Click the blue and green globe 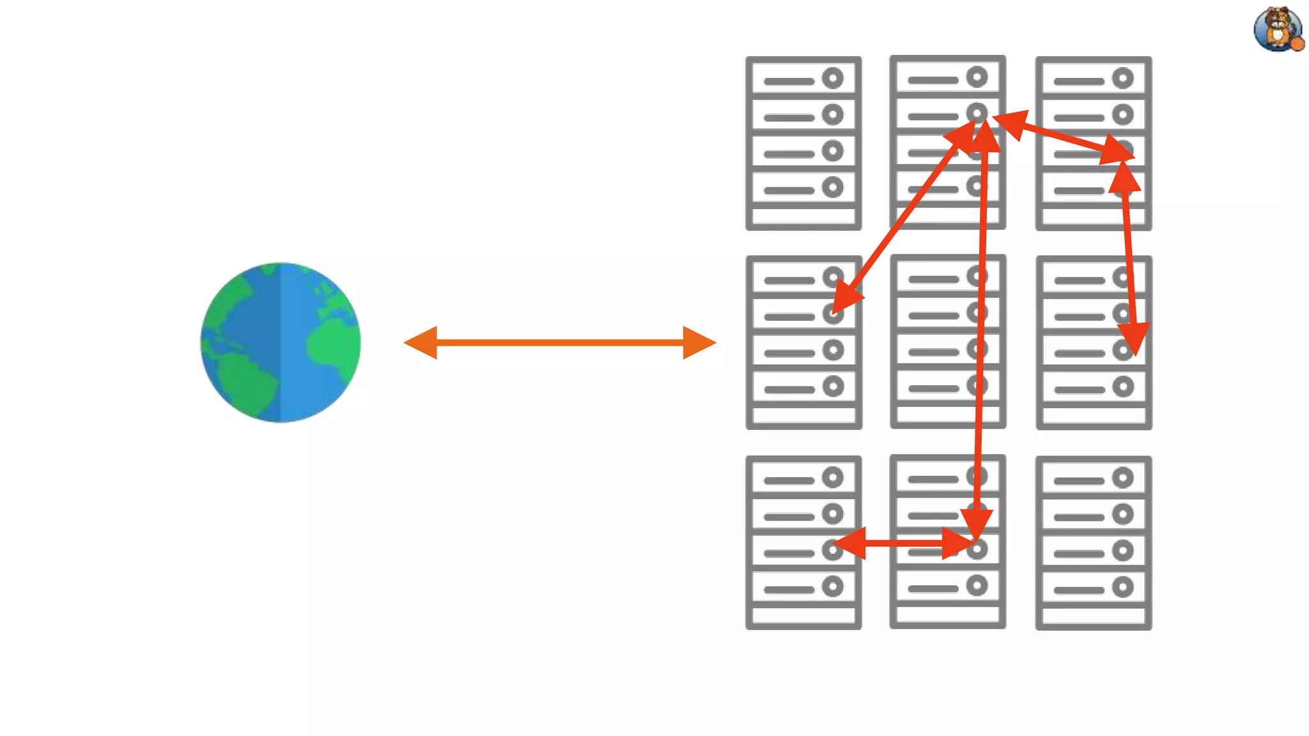click(281, 342)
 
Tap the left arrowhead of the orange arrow click(422, 342)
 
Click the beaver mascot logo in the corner click(1278, 28)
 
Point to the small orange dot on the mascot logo click(1297, 43)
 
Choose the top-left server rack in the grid click(803, 143)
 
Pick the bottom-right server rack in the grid click(1094, 542)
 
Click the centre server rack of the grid click(948, 342)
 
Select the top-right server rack click(1094, 143)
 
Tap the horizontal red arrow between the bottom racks click(904, 543)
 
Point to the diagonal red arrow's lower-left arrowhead click(845, 299)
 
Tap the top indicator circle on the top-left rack click(832, 79)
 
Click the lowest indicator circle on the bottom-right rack click(1122, 586)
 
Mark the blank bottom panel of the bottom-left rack click(803, 615)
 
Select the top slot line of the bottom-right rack click(1079, 480)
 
